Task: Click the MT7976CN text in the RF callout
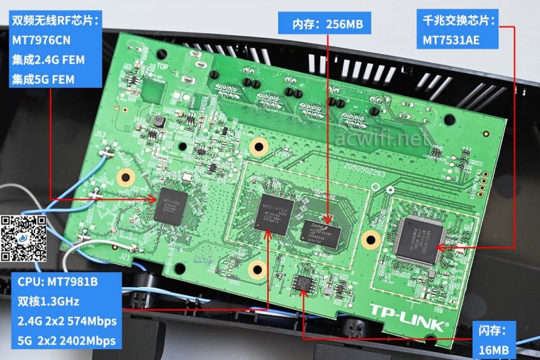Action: (x=41, y=40)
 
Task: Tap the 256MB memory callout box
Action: (x=328, y=24)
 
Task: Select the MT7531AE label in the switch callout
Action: (x=452, y=40)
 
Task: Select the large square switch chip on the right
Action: (x=420, y=233)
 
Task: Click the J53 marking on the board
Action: (x=99, y=134)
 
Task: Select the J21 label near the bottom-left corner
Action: (x=126, y=257)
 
